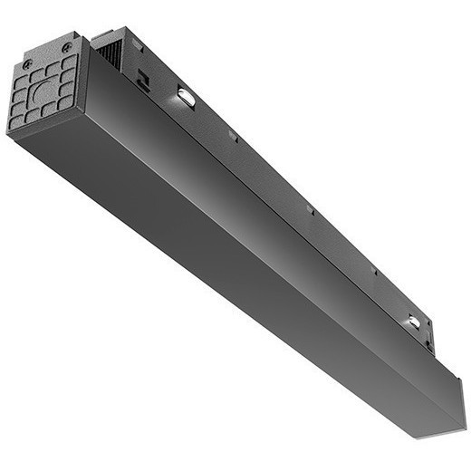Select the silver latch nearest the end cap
(x=187, y=97)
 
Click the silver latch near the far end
(x=413, y=322)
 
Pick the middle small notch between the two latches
(x=310, y=210)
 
